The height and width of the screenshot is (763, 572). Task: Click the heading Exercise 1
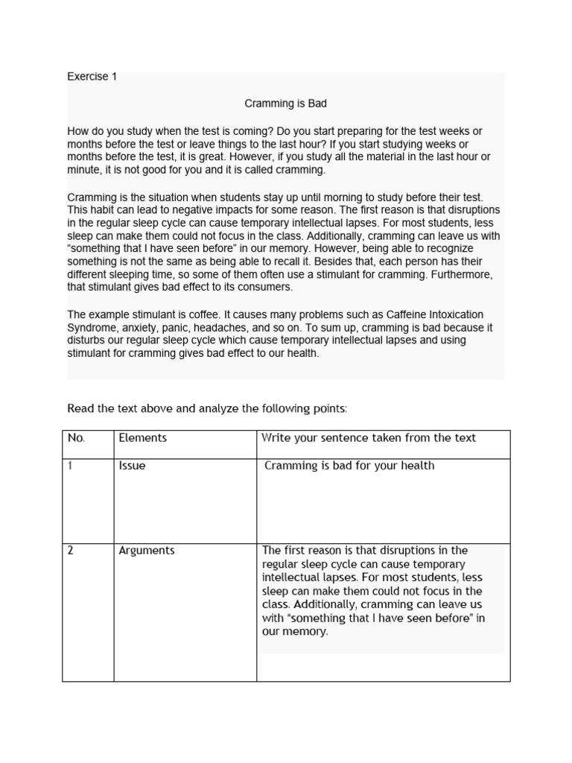[x=92, y=76]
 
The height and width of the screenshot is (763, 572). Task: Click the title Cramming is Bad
[x=286, y=104]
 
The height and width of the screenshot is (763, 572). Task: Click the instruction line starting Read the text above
[x=207, y=408]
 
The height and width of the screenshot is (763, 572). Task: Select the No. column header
[x=77, y=438]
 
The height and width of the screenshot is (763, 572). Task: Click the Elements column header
[x=143, y=438]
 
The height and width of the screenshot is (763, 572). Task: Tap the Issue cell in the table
[x=133, y=466]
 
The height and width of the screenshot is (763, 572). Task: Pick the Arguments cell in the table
[x=147, y=551]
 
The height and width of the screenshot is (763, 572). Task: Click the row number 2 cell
[x=71, y=551]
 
